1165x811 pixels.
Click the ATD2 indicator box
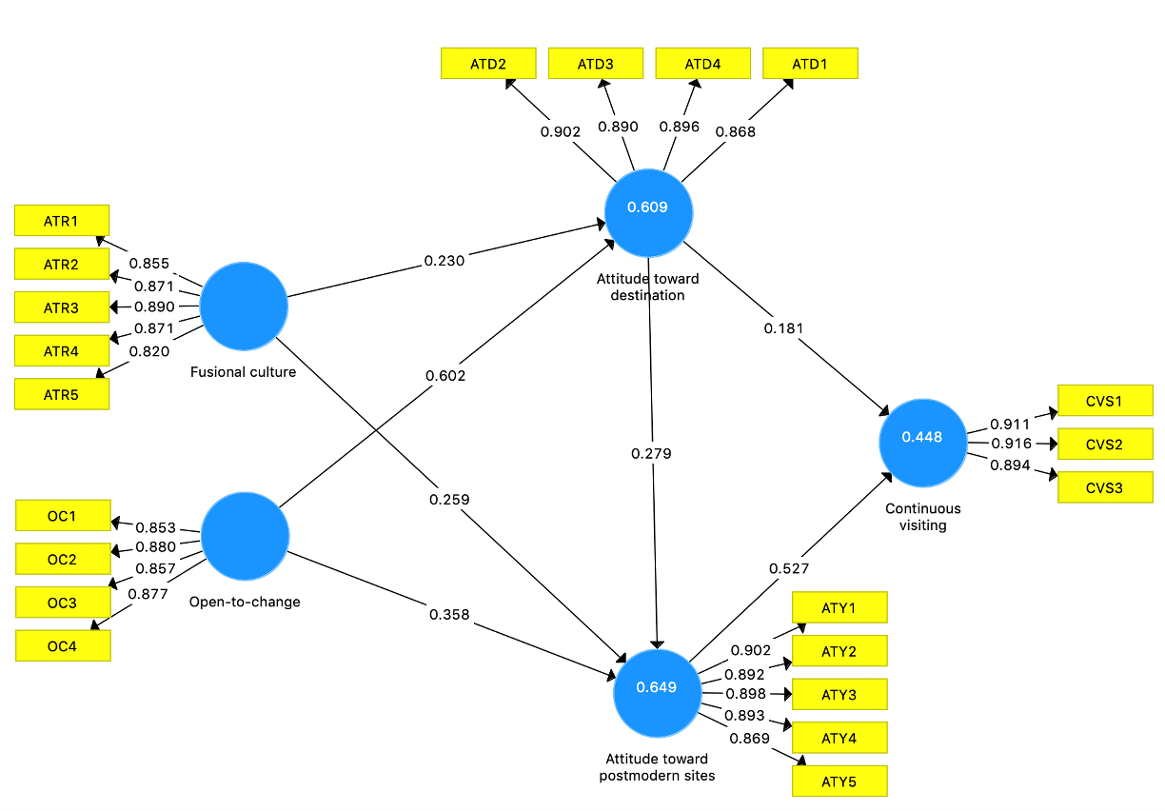click(488, 64)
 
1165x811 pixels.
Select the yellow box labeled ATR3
click(62, 307)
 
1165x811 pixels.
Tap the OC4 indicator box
click(63, 646)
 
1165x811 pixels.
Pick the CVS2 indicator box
click(1105, 445)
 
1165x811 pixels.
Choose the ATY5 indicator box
click(839, 781)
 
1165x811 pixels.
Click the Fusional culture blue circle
click(244, 307)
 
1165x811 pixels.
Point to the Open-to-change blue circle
click(246, 536)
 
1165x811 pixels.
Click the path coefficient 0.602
click(445, 376)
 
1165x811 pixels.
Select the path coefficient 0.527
click(788, 568)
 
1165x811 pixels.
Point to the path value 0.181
click(783, 328)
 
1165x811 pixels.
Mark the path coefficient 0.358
click(449, 614)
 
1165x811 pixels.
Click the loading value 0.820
click(149, 351)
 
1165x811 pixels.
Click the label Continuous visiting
click(923, 517)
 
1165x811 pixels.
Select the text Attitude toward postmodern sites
click(657, 766)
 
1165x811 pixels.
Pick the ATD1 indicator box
click(810, 64)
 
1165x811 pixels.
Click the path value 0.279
click(651, 453)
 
